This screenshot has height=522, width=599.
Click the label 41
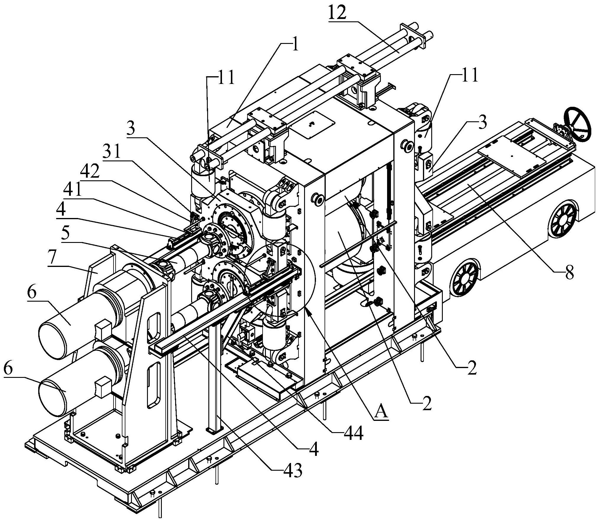(x=74, y=190)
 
